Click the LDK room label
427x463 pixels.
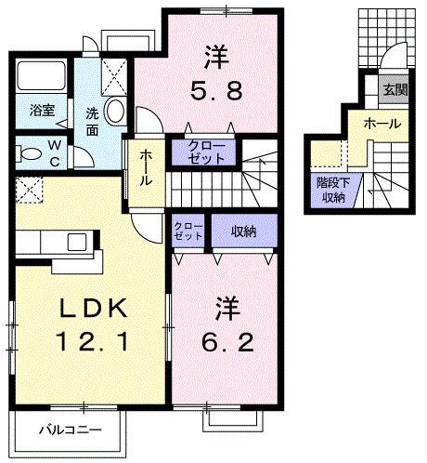point(88,309)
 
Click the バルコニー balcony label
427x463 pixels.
point(68,430)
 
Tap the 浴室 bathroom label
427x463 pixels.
point(41,110)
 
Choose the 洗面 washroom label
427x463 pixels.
point(94,122)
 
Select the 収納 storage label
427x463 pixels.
point(243,231)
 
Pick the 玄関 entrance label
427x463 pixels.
point(394,89)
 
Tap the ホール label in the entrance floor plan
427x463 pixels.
point(382,123)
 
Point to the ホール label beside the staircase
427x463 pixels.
point(147,167)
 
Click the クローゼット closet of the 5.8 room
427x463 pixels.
point(205,152)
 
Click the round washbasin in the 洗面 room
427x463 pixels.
point(116,111)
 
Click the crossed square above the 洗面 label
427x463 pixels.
point(116,71)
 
